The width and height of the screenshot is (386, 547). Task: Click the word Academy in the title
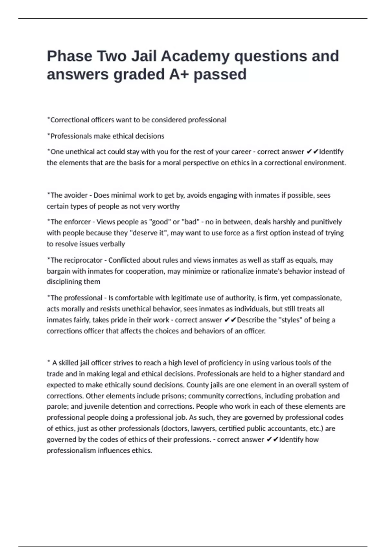click(195, 56)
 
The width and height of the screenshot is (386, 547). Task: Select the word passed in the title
click(220, 74)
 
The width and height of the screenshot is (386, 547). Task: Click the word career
click(241, 152)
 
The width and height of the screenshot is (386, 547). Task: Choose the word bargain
click(58, 271)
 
